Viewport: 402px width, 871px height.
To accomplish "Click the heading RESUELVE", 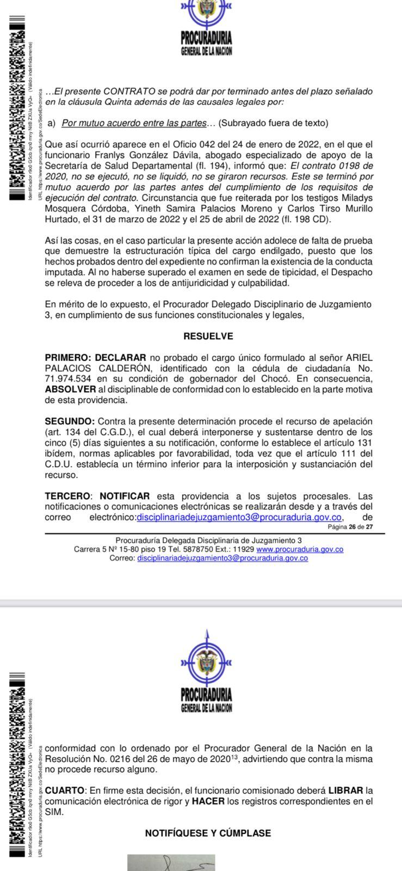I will click(x=208, y=336).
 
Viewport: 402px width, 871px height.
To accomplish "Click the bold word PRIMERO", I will click(x=67, y=358).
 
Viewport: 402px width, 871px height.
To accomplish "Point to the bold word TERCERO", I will click(x=67, y=496).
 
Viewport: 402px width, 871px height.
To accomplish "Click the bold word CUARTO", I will click(x=65, y=790).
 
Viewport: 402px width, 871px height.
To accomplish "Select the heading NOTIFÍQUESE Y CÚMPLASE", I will click(x=208, y=833).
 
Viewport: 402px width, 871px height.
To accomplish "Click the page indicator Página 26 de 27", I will click(x=350, y=526).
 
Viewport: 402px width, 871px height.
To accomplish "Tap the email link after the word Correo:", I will click(x=222, y=558).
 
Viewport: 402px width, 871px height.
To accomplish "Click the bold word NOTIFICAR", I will click(x=125, y=496).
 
